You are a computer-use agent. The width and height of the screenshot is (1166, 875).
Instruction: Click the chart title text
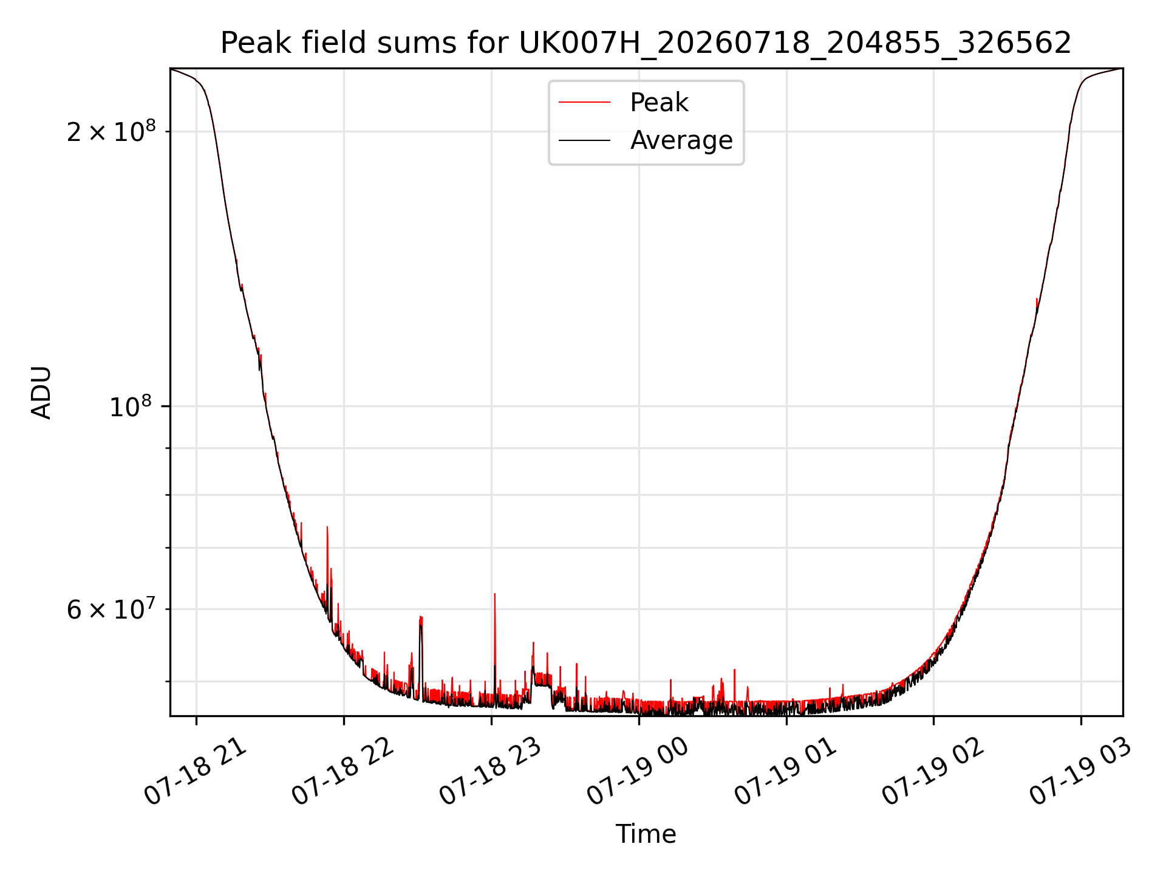coord(646,43)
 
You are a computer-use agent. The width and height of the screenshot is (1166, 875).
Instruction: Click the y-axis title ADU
coord(41,392)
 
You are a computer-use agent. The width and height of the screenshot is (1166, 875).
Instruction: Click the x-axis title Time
coord(646,834)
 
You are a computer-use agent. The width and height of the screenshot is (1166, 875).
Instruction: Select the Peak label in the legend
coord(659,103)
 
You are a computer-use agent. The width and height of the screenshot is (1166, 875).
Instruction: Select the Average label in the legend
coord(681,140)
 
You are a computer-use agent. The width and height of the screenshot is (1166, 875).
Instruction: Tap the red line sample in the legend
coord(584,103)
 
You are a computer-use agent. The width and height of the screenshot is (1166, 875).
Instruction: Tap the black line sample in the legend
coord(584,140)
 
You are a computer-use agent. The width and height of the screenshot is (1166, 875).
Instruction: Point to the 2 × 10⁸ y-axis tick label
coord(111,131)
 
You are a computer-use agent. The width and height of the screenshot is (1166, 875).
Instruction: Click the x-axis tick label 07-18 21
coord(196,772)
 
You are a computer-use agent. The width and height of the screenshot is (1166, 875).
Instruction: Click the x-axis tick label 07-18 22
coord(343,772)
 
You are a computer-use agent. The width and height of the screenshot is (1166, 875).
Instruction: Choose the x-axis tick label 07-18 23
coord(491,772)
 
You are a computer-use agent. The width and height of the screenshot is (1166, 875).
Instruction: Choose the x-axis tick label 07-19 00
coord(638,772)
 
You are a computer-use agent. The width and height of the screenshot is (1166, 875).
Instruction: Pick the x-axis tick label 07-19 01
coord(786,772)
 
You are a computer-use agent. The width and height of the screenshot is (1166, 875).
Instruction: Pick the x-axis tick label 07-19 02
coord(933,772)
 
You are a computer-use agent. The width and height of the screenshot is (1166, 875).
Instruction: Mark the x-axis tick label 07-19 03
coord(1081,772)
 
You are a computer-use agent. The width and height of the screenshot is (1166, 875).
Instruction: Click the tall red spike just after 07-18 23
coord(495,644)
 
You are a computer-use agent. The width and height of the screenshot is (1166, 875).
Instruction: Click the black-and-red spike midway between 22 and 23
coord(421,656)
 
